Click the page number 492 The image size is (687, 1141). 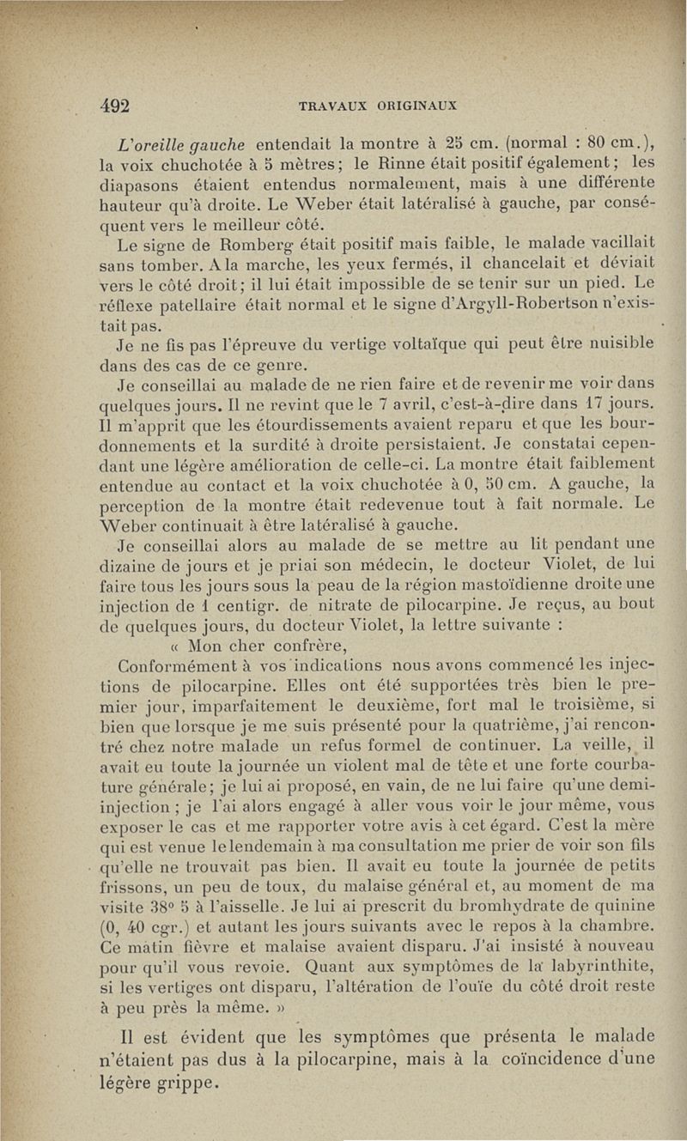click(x=113, y=106)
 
